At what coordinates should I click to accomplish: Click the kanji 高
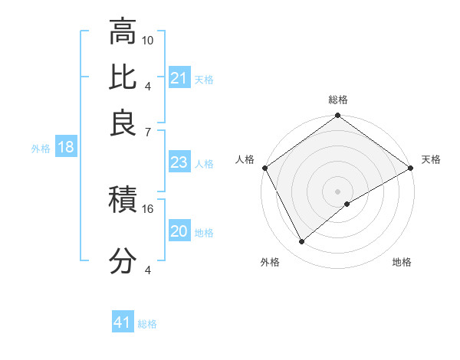pos(123,32)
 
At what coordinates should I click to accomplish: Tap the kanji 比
pos(123,78)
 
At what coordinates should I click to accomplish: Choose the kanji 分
pos(123,261)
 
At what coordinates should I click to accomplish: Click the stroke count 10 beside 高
pos(148,40)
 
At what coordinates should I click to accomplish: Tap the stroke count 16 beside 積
pos(148,208)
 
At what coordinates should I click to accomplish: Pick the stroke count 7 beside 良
pos(148,132)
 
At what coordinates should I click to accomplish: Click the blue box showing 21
pos(179,78)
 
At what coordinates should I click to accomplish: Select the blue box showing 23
pos(179,162)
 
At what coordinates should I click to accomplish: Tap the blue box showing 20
pos(179,231)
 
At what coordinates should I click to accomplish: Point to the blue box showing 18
pos(66,147)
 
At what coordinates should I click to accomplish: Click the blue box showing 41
pos(123,322)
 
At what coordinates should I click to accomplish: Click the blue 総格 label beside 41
pos(147,323)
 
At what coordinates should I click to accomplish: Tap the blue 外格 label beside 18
pos(40,149)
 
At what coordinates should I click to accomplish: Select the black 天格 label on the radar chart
pos(431,159)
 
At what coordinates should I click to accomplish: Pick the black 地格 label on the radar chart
pos(402,262)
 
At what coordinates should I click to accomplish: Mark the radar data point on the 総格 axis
pos(337,116)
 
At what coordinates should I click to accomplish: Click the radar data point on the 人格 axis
pos(264,168)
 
